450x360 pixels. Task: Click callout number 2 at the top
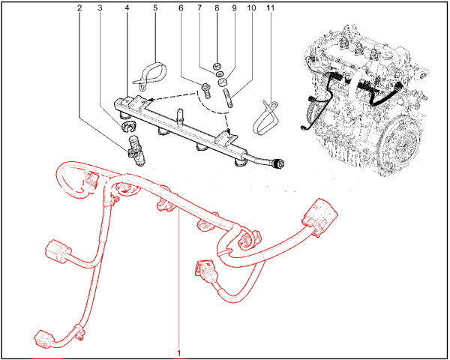(79, 8)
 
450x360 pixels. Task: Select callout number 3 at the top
(100, 8)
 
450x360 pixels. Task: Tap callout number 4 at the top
(127, 8)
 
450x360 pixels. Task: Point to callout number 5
(155, 8)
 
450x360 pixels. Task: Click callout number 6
(181, 8)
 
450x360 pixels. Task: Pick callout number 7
(199, 8)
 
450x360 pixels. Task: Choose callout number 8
(217, 8)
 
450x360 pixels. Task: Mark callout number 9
(234, 8)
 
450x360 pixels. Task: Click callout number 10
(251, 8)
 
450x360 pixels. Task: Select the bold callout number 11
(270, 8)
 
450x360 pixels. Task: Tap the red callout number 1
(179, 352)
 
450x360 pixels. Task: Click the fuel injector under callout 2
(136, 151)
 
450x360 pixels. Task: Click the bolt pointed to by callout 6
(206, 90)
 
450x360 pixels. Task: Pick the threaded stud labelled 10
(227, 97)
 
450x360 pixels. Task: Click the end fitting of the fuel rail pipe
(278, 163)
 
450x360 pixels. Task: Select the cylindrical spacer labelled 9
(222, 82)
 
